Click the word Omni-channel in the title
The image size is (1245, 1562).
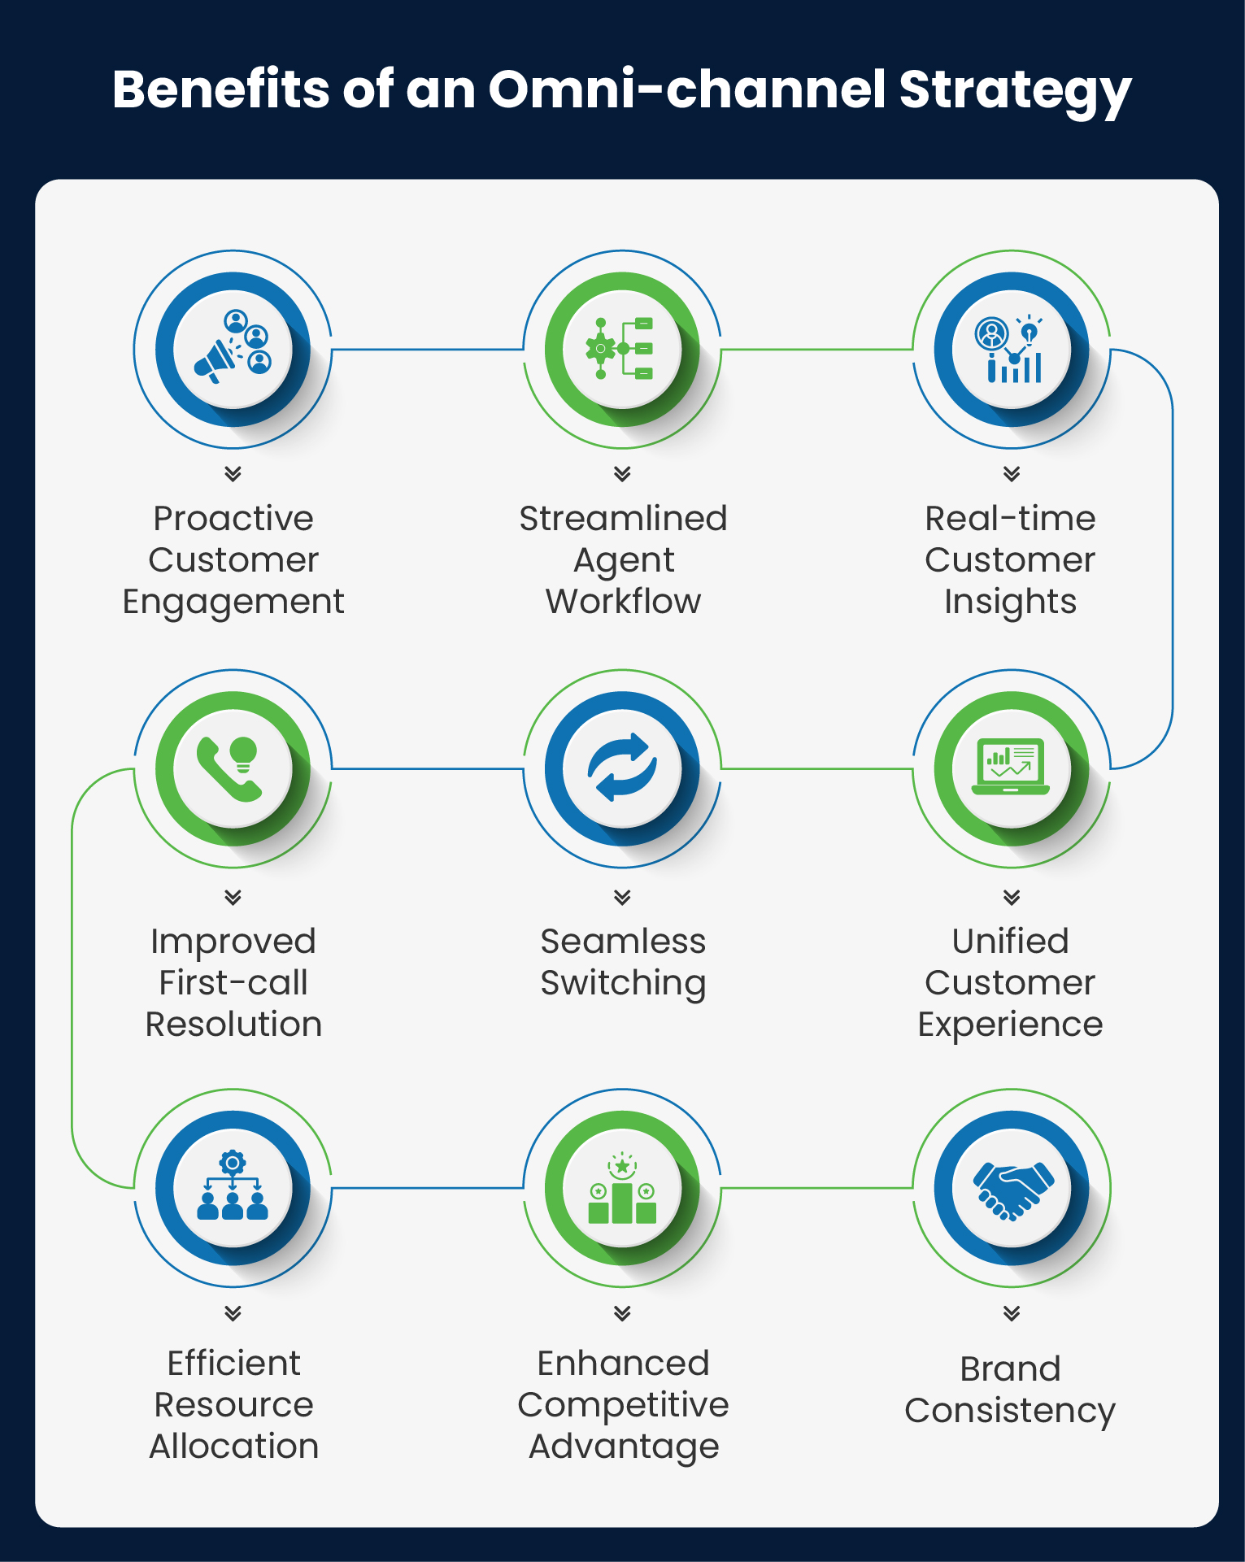click(x=686, y=89)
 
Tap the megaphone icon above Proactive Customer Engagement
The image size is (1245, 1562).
click(x=233, y=348)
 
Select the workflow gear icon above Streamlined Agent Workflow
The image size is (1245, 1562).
click(x=622, y=349)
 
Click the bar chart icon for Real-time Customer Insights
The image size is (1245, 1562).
click(x=1011, y=350)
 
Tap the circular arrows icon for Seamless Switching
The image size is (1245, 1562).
click(x=622, y=768)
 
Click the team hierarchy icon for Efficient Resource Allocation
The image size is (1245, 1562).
click(x=233, y=1188)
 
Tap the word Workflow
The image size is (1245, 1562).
click(x=623, y=602)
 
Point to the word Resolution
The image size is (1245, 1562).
click(x=233, y=1025)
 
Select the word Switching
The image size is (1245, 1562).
click(x=623, y=984)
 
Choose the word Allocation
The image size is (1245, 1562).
click(x=233, y=1447)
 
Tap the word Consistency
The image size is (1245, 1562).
click(x=1010, y=1411)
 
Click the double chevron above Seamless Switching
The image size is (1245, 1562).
click(x=622, y=897)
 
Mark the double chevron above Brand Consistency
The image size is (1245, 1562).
click(x=1011, y=1312)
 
